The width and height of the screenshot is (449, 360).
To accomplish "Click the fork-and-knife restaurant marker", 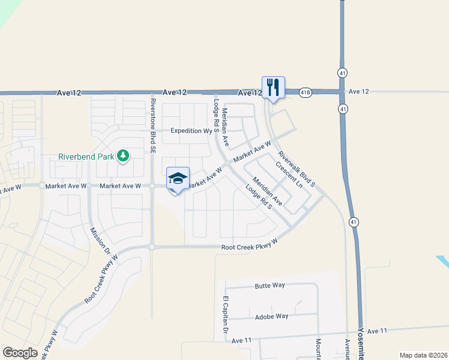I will click(x=273, y=88).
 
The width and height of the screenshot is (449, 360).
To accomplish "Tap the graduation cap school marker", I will click(x=178, y=179).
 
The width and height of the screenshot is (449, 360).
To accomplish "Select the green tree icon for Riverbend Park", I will click(x=123, y=157).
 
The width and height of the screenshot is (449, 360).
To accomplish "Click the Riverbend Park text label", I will click(x=86, y=157).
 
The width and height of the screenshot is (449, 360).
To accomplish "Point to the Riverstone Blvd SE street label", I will click(x=152, y=124).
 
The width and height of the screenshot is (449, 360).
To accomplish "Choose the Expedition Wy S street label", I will click(x=192, y=130).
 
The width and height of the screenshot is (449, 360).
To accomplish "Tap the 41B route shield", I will click(x=306, y=92).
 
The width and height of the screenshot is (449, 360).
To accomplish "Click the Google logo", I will click(x=20, y=353).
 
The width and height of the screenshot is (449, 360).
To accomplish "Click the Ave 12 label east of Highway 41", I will click(x=358, y=91).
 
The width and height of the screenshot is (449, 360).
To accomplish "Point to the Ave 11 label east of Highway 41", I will click(x=378, y=331).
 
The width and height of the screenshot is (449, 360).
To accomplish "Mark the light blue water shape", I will click(x=443, y=262).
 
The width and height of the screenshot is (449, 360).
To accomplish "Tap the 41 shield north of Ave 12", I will click(x=342, y=72).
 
